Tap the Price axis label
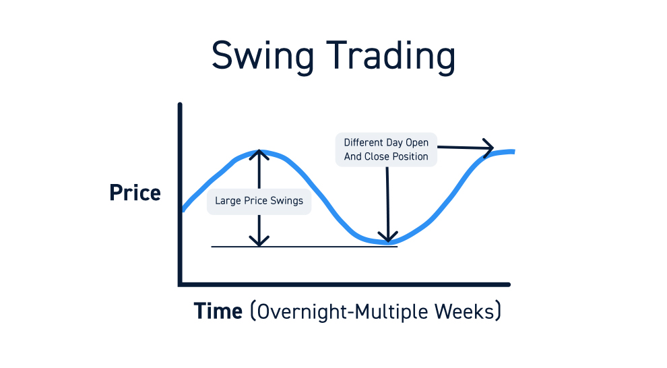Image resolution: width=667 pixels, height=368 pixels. [x=135, y=193]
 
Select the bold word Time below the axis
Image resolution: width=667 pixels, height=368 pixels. [x=218, y=311]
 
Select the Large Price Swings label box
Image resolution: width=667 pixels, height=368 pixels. [x=259, y=201]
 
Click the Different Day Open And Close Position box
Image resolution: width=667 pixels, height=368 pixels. [x=386, y=150]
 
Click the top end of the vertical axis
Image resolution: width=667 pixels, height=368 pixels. [x=181, y=104]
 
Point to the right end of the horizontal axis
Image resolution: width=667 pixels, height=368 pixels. [x=509, y=284]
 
